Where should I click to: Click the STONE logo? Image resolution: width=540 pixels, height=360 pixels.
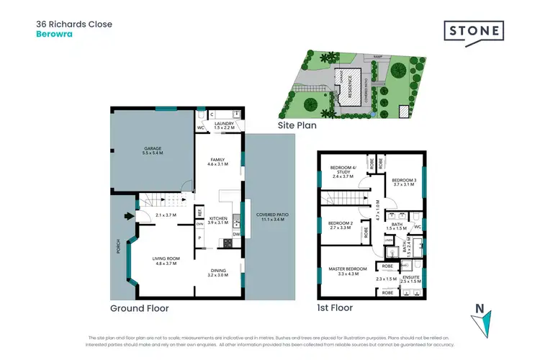473,33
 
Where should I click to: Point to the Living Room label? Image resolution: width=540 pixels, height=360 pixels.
165,261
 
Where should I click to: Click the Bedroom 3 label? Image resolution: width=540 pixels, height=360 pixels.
405,182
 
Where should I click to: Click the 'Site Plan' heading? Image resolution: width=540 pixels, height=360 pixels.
297,125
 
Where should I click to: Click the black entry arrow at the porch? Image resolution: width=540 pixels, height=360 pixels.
129,214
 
